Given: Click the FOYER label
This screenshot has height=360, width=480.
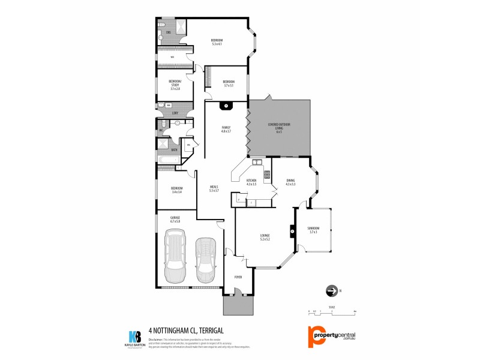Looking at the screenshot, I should click(238, 278).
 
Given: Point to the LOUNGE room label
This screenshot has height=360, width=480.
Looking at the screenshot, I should click(265, 236).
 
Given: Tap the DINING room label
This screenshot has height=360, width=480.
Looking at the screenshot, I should click(290, 182).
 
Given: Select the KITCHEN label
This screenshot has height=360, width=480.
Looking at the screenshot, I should click(251, 182).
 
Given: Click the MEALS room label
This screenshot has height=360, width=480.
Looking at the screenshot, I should click(214, 188).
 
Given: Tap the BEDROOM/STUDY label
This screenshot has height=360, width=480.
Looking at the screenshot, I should click(175, 85).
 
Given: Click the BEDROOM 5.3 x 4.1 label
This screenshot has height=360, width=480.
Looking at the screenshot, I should click(217, 42).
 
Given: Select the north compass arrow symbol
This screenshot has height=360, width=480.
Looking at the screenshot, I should click(331, 292).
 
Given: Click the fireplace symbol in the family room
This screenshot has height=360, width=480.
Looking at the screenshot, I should click(226, 107).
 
